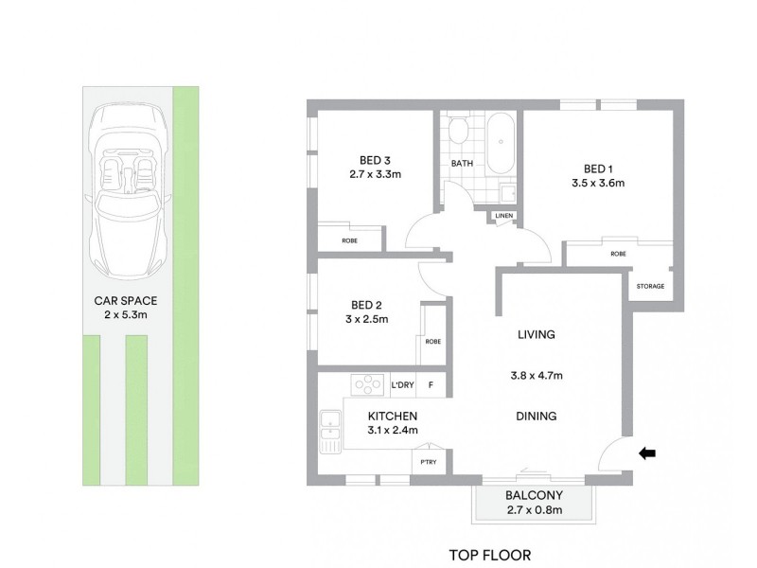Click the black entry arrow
pos(647,453)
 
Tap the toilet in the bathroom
pos(457,128)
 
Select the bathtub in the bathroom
pos(501,144)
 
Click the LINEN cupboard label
pos(504,216)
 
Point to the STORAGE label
pos(650,287)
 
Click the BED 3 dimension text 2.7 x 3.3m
pos(375,174)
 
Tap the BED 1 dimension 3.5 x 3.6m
pos(598,183)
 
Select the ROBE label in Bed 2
pos(433,342)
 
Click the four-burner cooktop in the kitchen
pos(367,385)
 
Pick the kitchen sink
pos(330,432)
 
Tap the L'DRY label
pos(403,385)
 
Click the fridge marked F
pos(431,385)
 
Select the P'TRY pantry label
pos(429,462)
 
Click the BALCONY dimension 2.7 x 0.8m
pos(535,509)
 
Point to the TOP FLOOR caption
pos(490,556)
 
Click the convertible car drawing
pos(128,191)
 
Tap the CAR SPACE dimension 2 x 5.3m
pos(126,315)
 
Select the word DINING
pos(536,416)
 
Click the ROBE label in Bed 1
pos(618,254)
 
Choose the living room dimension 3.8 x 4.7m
pos(537,375)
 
